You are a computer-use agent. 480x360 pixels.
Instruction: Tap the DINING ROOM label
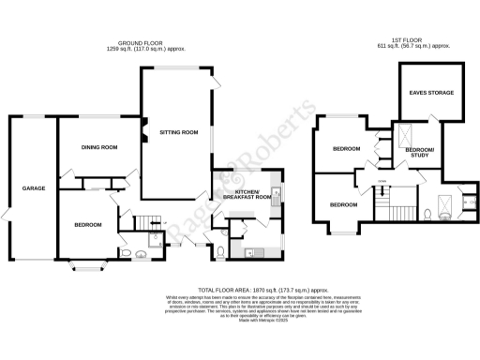click(x=98, y=147)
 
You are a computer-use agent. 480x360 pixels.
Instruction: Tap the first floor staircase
click(x=384, y=200)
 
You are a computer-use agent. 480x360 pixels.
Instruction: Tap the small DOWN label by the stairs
click(x=382, y=181)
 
